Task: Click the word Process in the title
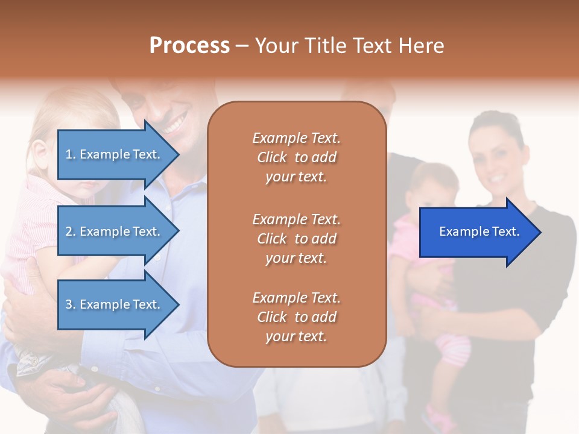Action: [x=189, y=46]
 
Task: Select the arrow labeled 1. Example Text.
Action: [x=115, y=154]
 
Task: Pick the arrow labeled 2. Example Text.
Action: [x=115, y=231]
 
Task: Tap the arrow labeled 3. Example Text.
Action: [x=115, y=304]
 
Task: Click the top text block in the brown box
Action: [x=296, y=157]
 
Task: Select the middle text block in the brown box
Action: [x=296, y=239]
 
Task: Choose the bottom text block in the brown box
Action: [x=296, y=317]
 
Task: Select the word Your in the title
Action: [x=276, y=46]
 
